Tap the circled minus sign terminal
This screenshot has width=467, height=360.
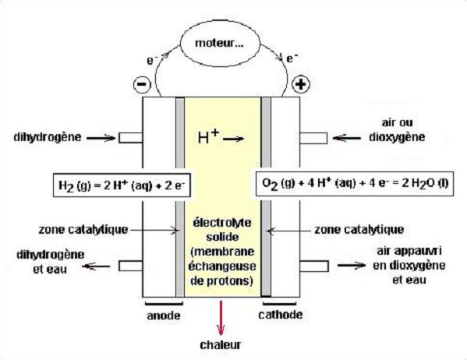142,84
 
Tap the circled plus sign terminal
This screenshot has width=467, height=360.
300,84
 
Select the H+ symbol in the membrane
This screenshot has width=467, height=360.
208,136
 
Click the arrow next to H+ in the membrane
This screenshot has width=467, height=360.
234,139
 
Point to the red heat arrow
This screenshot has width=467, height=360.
221,318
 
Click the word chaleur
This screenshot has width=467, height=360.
221,345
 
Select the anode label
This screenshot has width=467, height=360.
164,316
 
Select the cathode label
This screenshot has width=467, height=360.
280,315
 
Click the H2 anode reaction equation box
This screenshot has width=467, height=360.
122,185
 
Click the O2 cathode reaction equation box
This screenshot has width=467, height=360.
355,184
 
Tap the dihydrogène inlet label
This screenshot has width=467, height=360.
48,137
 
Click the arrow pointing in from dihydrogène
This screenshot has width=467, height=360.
101,138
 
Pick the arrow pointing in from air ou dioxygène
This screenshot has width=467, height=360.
346,138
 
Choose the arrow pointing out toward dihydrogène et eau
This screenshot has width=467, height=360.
96,266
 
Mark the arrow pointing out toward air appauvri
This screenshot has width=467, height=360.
352,265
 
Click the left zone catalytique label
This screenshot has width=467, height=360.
83,230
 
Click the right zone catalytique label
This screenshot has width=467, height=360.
359,230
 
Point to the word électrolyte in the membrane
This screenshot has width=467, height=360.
222,223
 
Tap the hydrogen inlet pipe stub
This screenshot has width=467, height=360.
130,138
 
